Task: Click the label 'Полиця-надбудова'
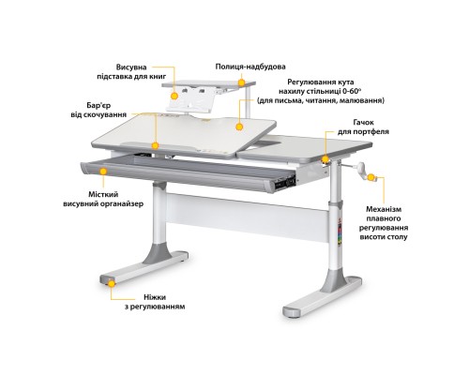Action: pyautogui.click(x=250, y=67)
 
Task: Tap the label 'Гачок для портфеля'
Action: pyautogui.click(x=363, y=127)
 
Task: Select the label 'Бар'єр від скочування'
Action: pyautogui.click(x=98, y=110)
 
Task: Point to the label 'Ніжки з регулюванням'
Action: pyautogui.click(x=155, y=302)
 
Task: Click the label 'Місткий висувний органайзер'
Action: pyautogui.click(x=103, y=200)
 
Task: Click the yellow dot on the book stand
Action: pyautogui.click(x=174, y=96)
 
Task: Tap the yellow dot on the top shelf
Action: pyautogui.click(x=241, y=82)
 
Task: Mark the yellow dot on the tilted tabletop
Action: pyautogui.click(x=239, y=127)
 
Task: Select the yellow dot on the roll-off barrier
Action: pyautogui.click(x=156, y=145)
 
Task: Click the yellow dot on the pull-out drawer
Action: pyautogui.click(x=103, y=172)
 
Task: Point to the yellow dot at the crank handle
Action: pyautogui.click(x=371, y=177)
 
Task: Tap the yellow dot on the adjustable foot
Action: pyautogui.click(x=112, y=283)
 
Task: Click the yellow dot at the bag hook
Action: pyautogui.click(x=325, y=159)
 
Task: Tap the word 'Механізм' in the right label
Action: pyautogui.click(x=384, y=209)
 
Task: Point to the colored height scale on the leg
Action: pyautogui.click(x=340, y=232)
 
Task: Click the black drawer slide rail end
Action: pyautogui.click(x=285, y=182)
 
